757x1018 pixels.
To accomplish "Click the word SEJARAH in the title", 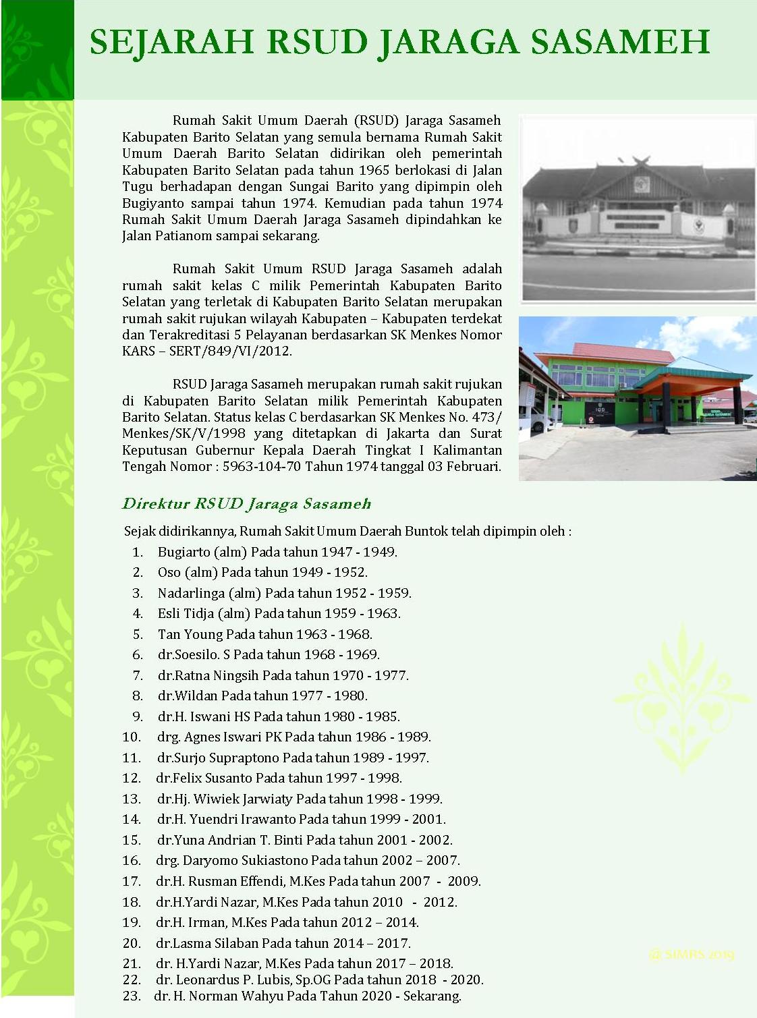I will [x=171, y=42].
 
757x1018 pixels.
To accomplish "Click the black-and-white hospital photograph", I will [x=638, y=208].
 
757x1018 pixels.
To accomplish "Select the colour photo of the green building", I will [x=638, y=398].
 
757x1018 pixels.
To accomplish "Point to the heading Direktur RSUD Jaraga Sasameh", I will [x=246, y=504].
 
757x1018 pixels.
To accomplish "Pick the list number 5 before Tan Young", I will [x=138, y=634].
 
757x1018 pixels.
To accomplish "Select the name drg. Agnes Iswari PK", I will [x=219, y=737].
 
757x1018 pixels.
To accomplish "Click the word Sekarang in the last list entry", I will [x=432, y=996].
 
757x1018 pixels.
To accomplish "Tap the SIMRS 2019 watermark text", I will [x=691, y=955].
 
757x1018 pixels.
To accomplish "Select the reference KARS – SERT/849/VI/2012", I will [x=206, y=351].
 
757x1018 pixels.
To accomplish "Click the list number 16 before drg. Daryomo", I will [x=132, y=860].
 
